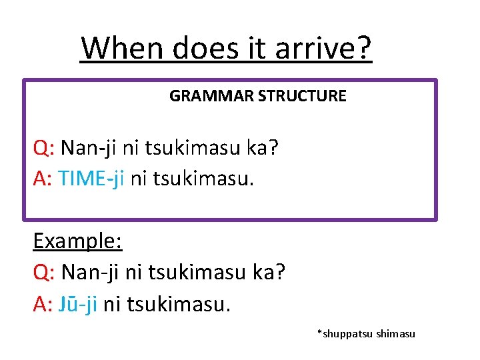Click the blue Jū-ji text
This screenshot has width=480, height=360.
tap(78, 304)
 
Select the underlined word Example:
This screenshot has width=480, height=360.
tap(77, 241)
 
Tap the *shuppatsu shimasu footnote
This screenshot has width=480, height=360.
tap(366, 333)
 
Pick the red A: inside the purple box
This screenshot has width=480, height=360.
tap(44, 178)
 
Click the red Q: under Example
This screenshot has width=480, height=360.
tap(45, 273)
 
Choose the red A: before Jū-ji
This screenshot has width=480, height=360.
tap(44, 304)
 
